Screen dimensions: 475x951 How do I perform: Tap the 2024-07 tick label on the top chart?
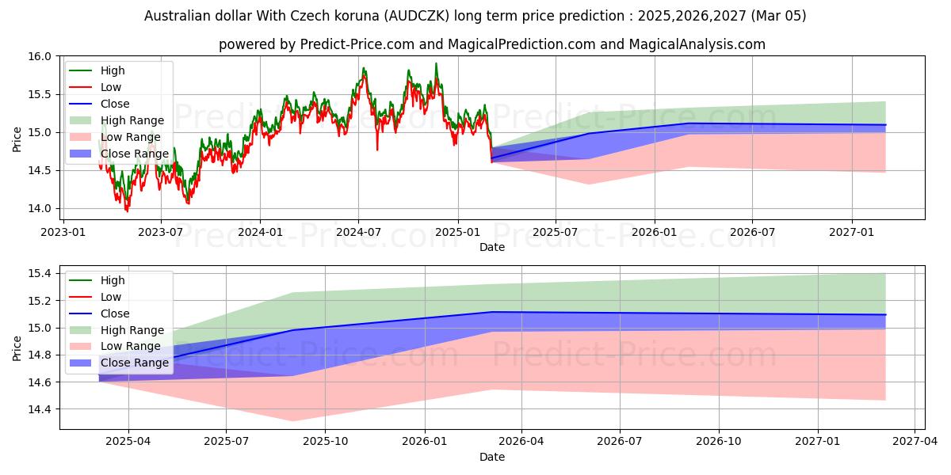[x=358, y=232]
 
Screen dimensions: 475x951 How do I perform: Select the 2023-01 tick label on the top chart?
[x=63, y=232]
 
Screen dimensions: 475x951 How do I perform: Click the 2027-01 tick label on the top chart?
[x=852, y=232]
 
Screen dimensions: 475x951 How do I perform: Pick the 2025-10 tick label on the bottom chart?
[x=325, y=441]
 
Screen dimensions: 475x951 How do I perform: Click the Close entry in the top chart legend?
[x=115, y=104]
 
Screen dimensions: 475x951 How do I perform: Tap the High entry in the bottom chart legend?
[x=113, y=280]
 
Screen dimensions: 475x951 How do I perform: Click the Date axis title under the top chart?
[x=492, y=247]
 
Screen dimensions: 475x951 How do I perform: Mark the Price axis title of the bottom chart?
[x=17, y=348]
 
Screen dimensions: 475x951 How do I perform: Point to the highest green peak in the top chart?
[x=436, y=63]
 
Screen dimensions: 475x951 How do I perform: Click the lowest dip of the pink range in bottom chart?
[x=292, y=421]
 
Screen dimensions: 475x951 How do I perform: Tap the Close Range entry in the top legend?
[x=134, y=154]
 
